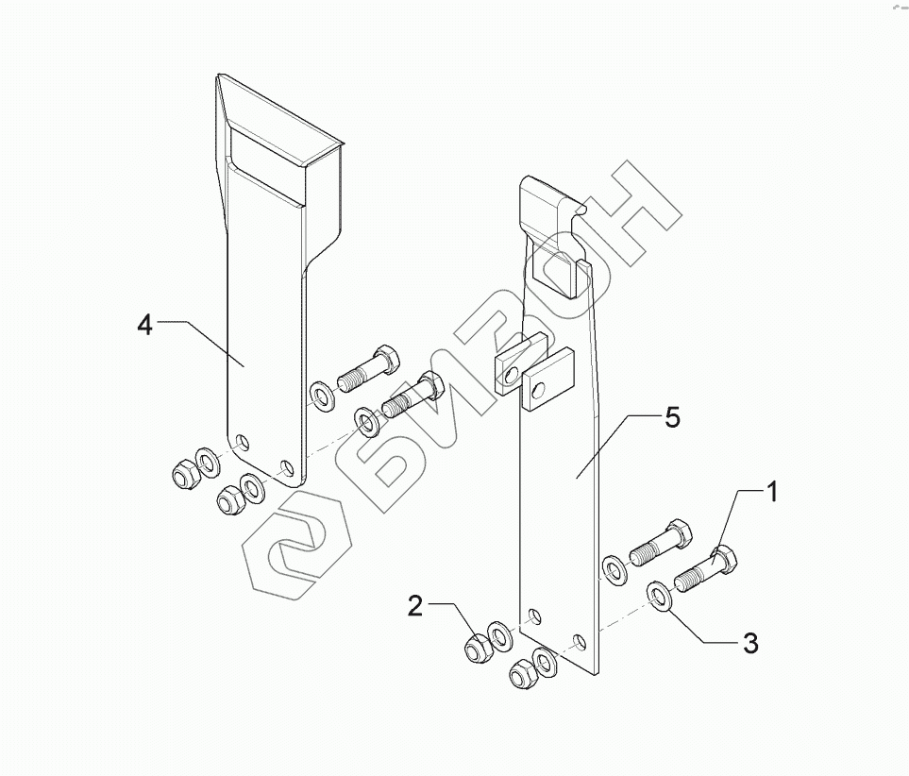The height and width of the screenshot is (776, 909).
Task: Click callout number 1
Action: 771,493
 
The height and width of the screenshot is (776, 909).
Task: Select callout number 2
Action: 415,606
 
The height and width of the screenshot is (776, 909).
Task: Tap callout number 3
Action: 750,644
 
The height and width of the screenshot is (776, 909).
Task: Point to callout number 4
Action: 143,325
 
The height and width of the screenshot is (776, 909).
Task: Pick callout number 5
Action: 671,418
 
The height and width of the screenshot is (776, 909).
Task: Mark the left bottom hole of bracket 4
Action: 243,441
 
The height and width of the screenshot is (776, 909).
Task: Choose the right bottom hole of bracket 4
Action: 287,465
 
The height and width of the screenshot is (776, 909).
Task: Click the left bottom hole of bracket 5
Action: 534,616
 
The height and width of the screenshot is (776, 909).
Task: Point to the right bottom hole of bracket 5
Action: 580,642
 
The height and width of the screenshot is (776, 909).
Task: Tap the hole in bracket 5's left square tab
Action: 511,376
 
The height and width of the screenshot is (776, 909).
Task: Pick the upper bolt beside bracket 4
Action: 368,369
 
